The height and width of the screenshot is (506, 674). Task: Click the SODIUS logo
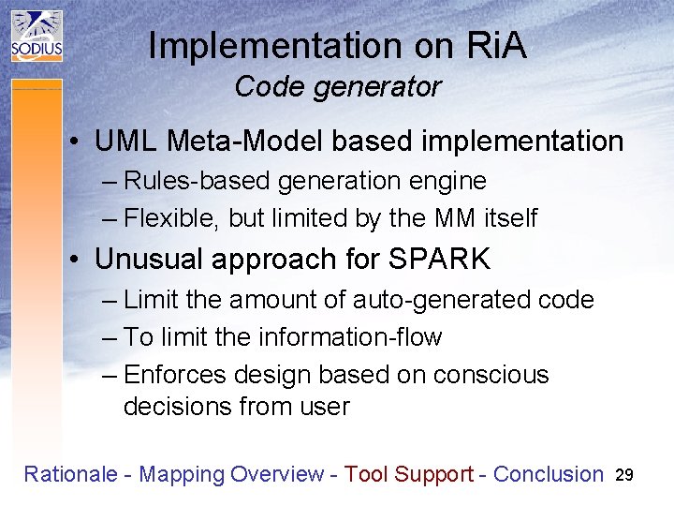point(37,37)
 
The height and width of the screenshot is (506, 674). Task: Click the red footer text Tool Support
point(408,474)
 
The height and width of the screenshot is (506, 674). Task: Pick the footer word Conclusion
point(548,474)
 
